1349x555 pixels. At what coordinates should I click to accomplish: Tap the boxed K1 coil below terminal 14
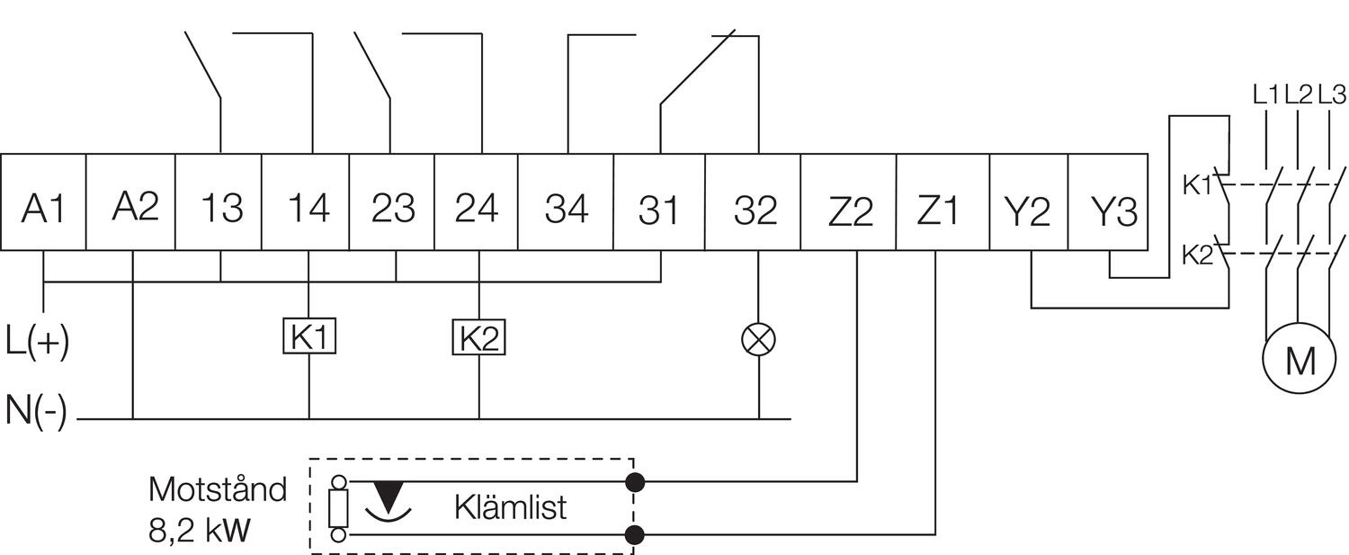coord(309,337)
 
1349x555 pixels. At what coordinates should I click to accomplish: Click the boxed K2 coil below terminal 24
coord(478,337)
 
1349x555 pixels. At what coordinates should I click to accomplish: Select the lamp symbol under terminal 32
coord(758,339)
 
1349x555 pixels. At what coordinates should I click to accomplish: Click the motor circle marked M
coord(1300,360)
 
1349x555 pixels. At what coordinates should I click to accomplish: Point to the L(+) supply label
coord(37,342)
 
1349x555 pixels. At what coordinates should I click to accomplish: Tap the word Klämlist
coord(510,507)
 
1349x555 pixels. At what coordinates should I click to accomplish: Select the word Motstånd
coord(217,490)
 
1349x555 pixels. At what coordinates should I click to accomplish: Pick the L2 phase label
coord(1298,94)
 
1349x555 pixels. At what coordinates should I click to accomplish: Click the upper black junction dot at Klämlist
coord(635,482)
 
